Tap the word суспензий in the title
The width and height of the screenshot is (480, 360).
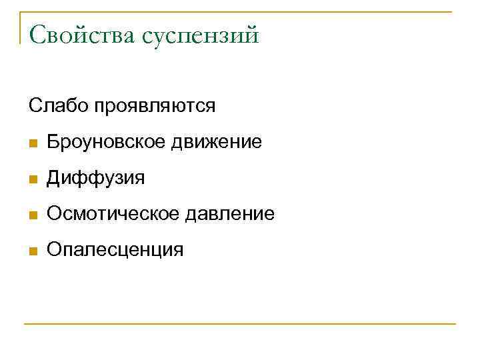(199, 35)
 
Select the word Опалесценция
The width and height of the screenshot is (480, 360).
(114, 250)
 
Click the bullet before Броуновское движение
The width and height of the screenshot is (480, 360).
(33, 143)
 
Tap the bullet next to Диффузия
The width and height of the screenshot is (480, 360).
(33, 179)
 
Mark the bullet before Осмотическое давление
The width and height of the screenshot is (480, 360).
(33, 215)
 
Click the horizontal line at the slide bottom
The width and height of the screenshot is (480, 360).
(240, 325)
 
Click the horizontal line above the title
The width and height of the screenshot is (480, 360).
(240, 12)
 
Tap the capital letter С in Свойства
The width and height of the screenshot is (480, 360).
(38, 34)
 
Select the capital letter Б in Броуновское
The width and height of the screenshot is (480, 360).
(53, 142)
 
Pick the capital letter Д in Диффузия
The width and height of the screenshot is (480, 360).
(54, 179)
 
